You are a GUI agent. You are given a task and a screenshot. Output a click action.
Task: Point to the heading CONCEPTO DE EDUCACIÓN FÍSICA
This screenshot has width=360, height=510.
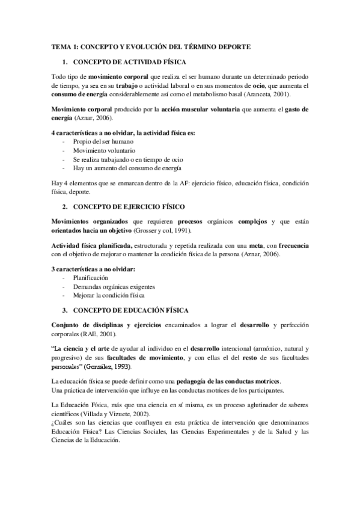[x=130, y=310]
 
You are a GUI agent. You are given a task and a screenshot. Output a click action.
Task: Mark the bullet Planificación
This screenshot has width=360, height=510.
[x=91, y=278]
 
